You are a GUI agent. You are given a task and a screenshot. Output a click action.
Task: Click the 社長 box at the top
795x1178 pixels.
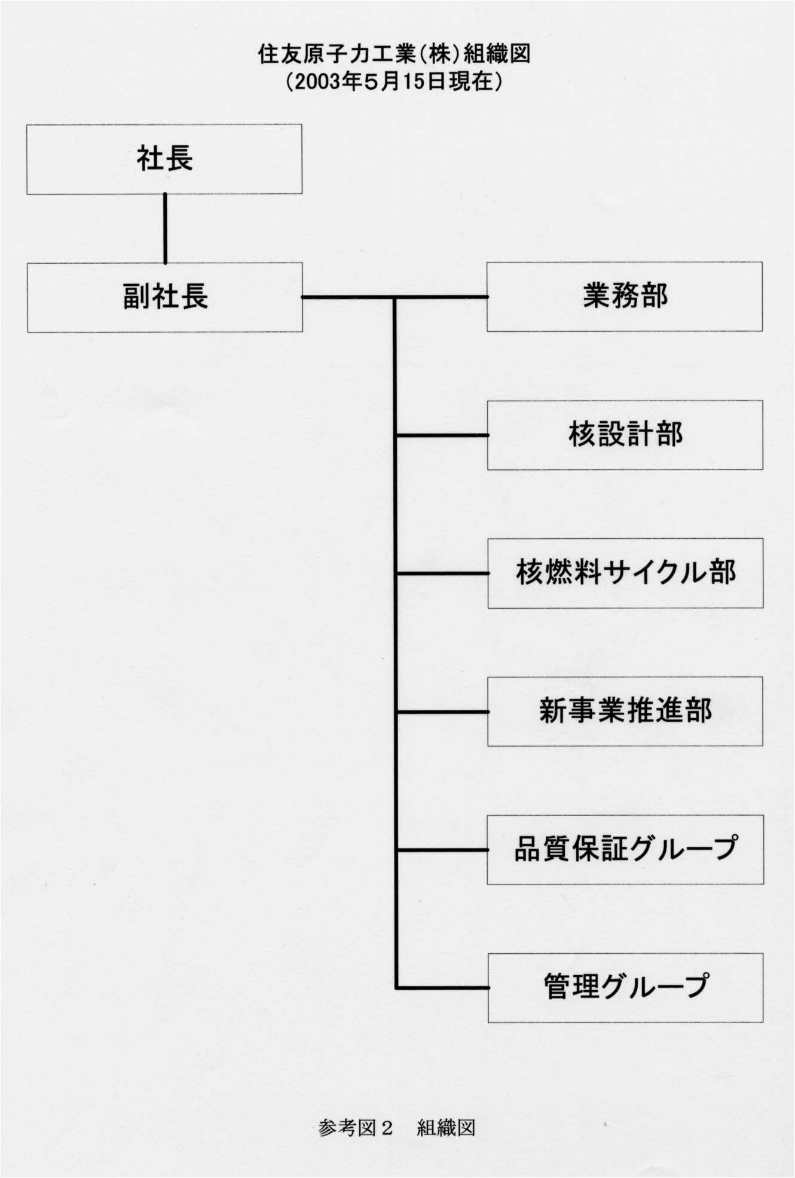pyautogui.click(x=164, y=159)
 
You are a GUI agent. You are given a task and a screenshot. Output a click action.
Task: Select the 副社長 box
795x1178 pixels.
pyautogui.click(x=165, y=297)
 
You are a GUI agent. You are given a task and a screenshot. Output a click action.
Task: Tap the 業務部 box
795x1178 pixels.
pyautogui.click(x=625, y=297)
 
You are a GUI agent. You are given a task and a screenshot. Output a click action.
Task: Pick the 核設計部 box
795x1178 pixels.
pyautogui.click(x=625, y=435)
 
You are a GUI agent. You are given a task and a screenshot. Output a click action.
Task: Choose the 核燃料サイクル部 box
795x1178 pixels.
pyautogui.click(x=625, y=573)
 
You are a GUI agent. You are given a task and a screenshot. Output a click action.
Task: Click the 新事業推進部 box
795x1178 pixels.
pyautogui.click(x=625, y=711)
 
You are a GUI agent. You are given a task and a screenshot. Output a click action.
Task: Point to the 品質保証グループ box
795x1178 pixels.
pyautogui.click(x=625, y=849)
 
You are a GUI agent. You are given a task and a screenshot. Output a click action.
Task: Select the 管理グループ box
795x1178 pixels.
pyautogui.click(x=625, y=987)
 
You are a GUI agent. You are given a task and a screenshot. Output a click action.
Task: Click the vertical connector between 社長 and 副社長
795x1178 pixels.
pyautogui.click(x=165, y=228)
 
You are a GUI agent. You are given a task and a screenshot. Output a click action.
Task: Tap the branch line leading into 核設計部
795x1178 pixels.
pyautogui.click(x=442, y=435)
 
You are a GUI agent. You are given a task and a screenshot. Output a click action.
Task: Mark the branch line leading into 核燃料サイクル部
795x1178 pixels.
pyautogui.click(x=442, y=573)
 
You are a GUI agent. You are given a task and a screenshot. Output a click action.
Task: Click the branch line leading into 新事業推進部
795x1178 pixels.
pyautogui.click(x=442, y=712)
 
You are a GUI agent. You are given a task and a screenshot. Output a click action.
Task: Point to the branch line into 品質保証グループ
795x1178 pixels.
pyautogui.click(x=442, y=850)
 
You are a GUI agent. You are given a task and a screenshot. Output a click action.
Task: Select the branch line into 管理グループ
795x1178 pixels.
pyautogui.click(x=442, y=987)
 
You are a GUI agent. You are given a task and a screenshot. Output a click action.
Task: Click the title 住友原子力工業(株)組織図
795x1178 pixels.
pyautogui.click(x=394, y=54)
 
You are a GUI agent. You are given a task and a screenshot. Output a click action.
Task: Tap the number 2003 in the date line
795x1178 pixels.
pyautogui.click(x=316, y=82)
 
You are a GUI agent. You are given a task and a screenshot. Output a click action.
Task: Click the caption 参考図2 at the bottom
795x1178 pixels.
pyautogui.click(x=356, y=1128)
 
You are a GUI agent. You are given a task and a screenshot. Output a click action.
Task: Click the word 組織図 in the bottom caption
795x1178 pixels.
pyautogui.click(x=446, y=1128)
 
